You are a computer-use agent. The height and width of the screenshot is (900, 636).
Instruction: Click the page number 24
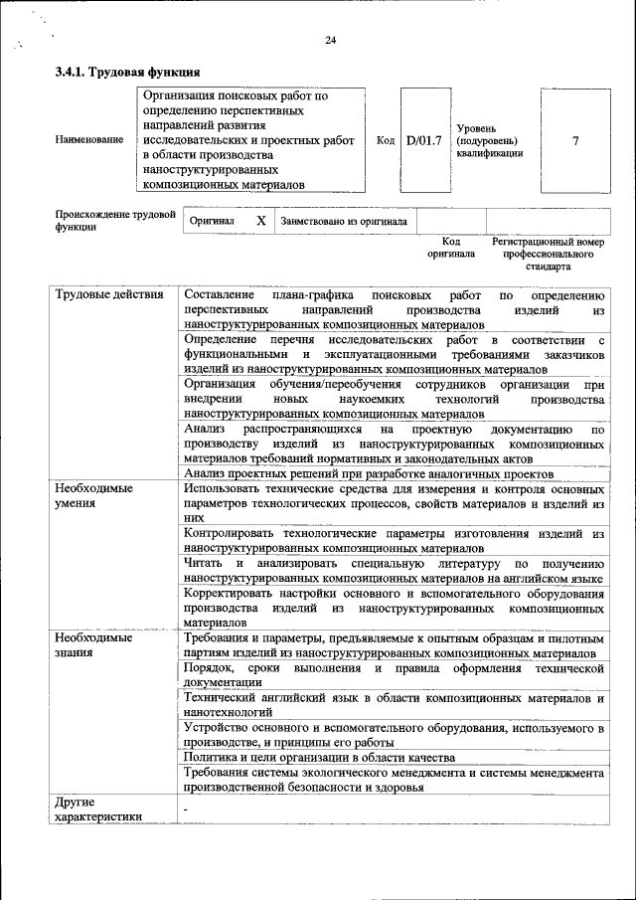pos(331,40)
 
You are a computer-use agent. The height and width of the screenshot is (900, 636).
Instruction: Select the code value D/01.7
pos(423,140)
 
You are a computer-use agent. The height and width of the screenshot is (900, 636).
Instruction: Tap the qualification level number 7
pos(575,140)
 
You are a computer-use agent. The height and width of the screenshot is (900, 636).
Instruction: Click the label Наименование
pos(89,140)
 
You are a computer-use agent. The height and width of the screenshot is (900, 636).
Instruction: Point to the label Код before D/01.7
pos(387,140)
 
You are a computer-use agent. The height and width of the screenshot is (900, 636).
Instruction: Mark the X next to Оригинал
pos(260,221)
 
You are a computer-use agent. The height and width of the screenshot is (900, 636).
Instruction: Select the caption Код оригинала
pos(451,248)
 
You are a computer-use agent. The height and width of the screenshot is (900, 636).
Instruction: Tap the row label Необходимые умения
pos(94,495)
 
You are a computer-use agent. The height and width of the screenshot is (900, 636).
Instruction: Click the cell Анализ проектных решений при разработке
pos(369,474)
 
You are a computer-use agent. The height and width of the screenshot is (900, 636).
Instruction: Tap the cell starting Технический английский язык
pos(395,706)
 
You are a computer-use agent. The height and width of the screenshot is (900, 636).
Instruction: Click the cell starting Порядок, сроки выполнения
pos(395,675)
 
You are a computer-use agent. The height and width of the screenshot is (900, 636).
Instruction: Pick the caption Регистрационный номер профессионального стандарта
pos(548,254)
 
